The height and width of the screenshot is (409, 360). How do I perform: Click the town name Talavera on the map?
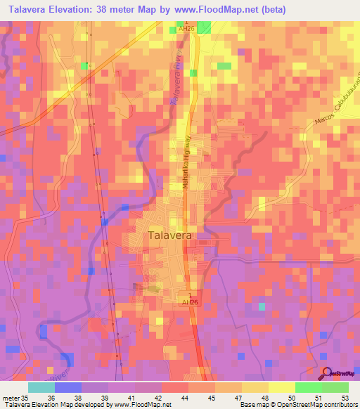[x=170, y=237]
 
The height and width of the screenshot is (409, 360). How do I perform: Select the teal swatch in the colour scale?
[x=41, y=387]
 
